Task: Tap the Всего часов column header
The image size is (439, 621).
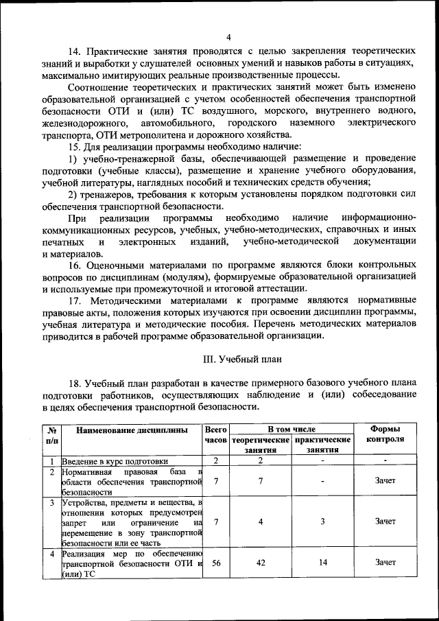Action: click(215, 434)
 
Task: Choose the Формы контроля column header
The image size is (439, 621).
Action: click(385, 434)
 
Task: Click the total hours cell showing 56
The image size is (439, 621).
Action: click(215, 563)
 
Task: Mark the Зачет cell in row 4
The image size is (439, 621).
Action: click(385, 563)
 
